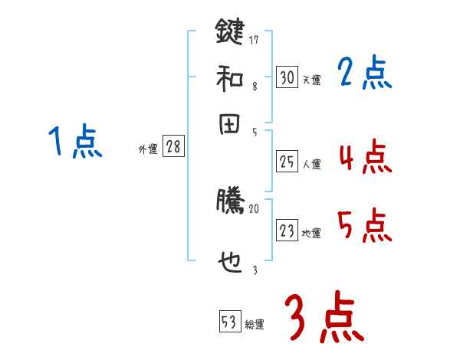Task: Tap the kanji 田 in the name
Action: [229, 126]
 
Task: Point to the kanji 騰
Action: [229, 201]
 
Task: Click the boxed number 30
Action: [287, 77]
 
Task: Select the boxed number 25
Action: [287, 161]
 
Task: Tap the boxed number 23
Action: [287, 231]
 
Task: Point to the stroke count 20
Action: [255, 208]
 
